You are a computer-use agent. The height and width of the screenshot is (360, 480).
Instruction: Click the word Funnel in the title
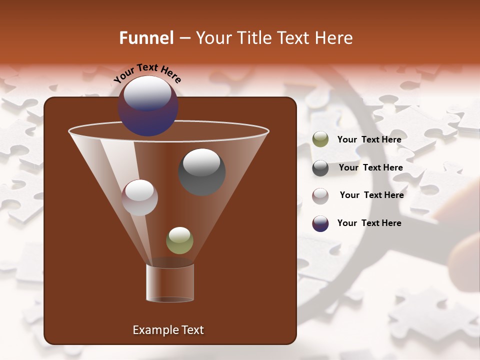(x=146, y=38)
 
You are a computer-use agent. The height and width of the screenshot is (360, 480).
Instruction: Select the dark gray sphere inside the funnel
(x=202, y=172)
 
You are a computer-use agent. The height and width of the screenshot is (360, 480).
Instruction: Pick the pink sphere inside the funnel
(x=140, y=197)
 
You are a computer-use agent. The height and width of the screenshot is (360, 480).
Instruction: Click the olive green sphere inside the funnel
(x=179, y=240)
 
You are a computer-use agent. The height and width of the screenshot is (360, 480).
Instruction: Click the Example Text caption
(x=168, y=330)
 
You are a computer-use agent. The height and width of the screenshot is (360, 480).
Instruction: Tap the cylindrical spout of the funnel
(x=170, y=283)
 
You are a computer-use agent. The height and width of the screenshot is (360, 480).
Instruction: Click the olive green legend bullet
(x=320, y=139)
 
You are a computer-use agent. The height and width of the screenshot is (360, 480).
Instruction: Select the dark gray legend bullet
(x=320, y=168)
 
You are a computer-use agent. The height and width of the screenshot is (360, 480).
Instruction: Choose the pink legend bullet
(x=320, y=195)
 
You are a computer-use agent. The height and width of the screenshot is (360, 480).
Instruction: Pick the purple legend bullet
(x=320, y=223)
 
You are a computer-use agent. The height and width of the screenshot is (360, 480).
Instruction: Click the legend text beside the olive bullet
(x=369, y=139)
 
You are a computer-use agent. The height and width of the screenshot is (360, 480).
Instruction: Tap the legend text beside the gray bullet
(x=370, y=167)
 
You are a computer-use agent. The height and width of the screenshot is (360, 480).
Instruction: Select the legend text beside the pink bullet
(x=371, y=195)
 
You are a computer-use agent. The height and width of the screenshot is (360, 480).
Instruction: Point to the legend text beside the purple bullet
(x=369, y=223)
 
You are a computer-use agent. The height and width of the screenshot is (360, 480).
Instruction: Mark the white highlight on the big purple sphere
(x=147, y=93)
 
